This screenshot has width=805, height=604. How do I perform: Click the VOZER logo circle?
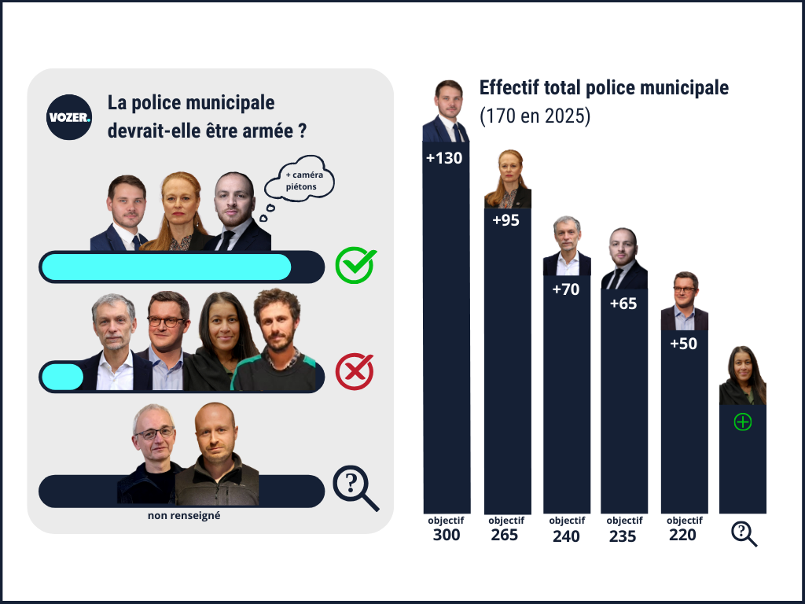click(69, 117)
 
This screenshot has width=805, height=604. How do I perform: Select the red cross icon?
click(355, 371)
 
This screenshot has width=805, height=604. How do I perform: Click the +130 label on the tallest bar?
click(444, 158)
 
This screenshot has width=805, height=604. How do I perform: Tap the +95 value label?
click(506, 221)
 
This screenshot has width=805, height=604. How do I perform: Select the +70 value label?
click(565, 289)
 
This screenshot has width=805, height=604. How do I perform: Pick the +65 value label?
click(623, 304)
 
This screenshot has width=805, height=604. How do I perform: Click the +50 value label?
click(683, 344)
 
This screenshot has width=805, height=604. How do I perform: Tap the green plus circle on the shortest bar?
click(742, 422)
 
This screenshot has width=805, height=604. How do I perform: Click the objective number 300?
click(447, 536)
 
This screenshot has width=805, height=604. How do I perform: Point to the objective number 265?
click(505, 536)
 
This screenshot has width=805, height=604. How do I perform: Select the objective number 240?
click(566, 536)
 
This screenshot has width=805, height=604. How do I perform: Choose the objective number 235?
click(624, 536)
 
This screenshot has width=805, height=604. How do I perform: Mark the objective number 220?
click(684, 536)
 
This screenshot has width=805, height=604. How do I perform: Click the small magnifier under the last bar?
click(743, 533)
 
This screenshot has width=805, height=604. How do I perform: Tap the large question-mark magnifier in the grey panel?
click(355, 488)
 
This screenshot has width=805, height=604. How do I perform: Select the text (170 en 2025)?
click(535, 116)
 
